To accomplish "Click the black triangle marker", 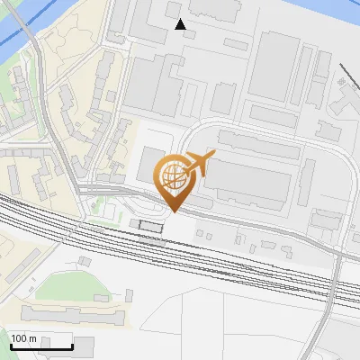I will (x=181, y=24).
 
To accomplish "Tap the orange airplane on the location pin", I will (x=196, y=163).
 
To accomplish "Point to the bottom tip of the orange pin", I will (x=173, y=211).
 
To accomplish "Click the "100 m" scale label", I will (x=24, y=338).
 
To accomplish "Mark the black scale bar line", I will (x=40, y=346).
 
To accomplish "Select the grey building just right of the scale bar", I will (x=84, y=343).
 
